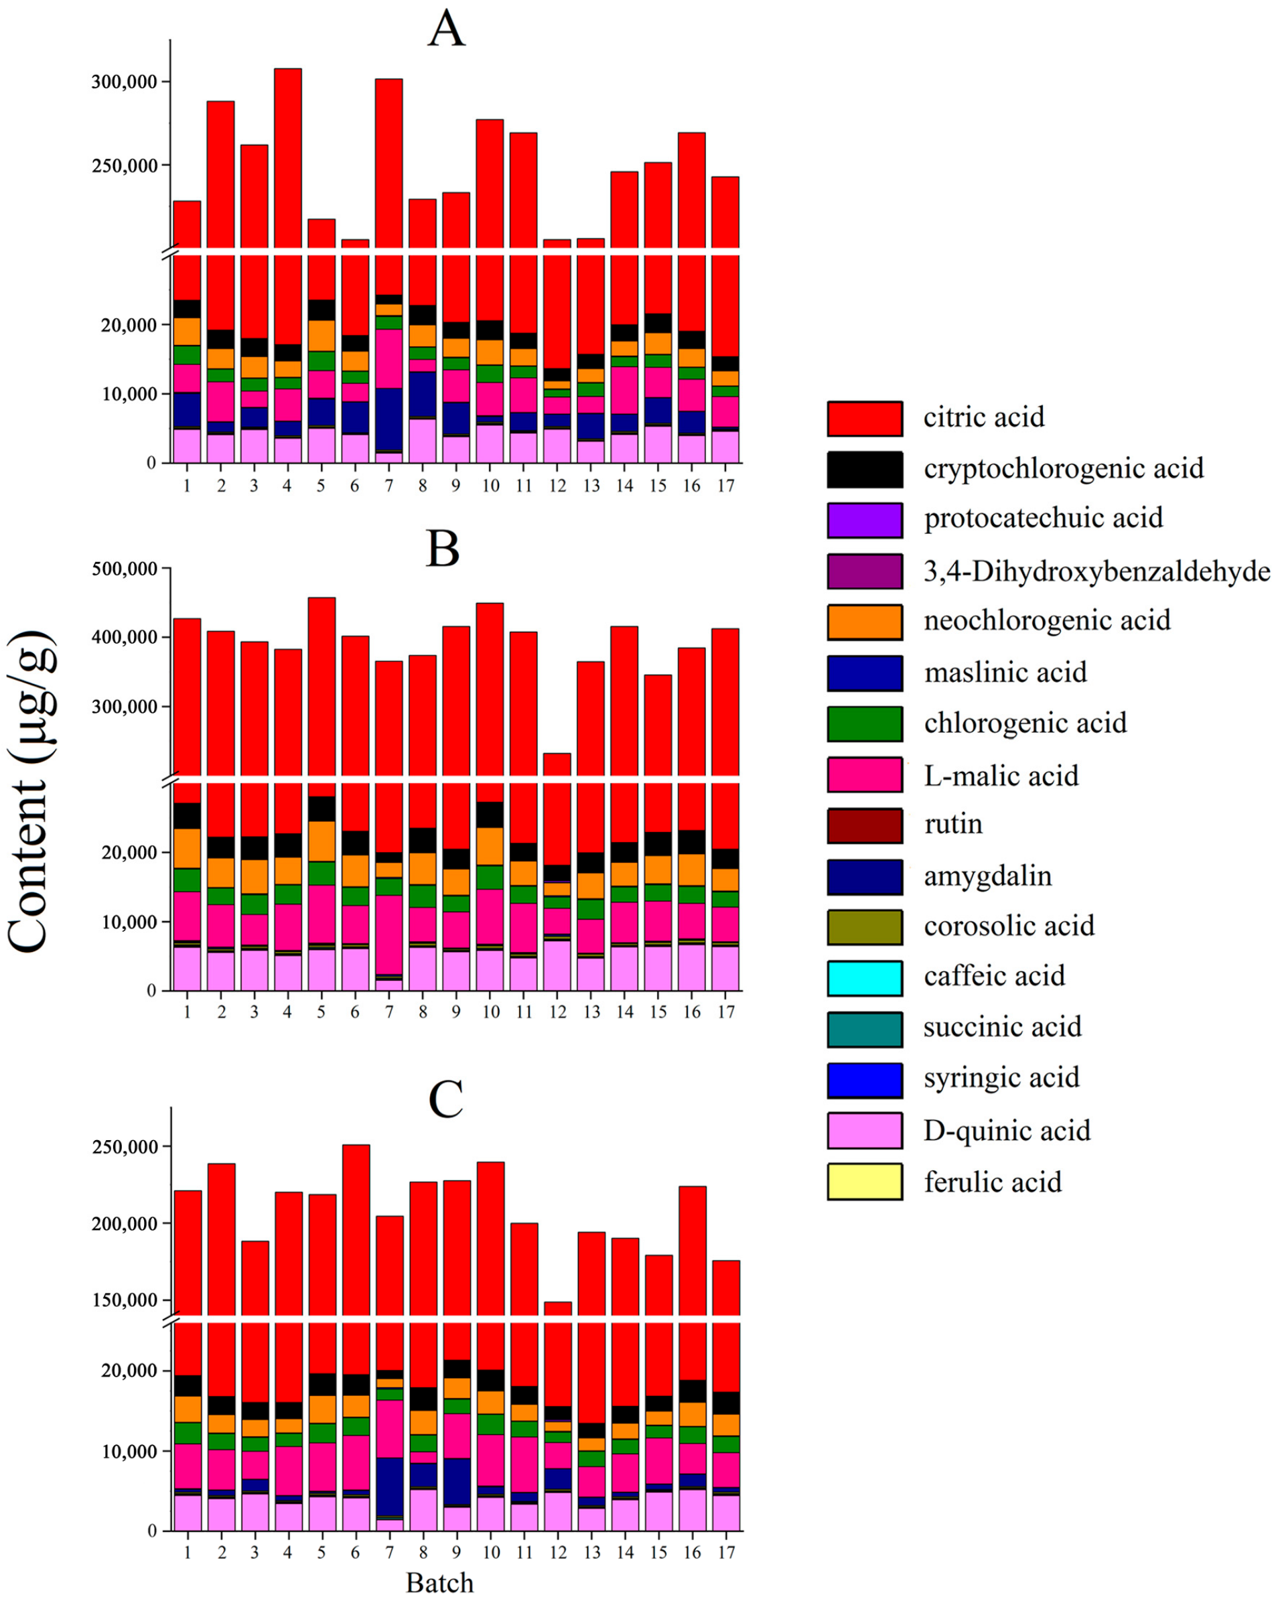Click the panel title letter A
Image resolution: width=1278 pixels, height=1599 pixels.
[x=446, y=31]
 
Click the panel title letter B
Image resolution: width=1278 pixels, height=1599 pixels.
[x=443, y=549]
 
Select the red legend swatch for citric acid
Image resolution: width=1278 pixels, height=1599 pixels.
[x=865, y=418]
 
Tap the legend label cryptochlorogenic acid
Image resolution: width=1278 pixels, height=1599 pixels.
[x=1064, y=469]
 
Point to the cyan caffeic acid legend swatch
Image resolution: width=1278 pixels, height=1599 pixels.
[x=865, y=977]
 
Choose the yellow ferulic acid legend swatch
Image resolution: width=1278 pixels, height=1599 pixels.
[x=865, y=1182]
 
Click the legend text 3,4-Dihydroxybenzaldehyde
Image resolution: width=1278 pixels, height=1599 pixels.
[x=1096, y=571]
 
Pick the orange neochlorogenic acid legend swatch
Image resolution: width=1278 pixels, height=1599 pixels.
[x=865, y=622]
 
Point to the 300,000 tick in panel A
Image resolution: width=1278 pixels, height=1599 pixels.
[x=124, y=82]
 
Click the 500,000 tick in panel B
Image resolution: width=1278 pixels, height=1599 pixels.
[x=124, y=569]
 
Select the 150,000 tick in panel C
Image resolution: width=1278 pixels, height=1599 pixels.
[x=124, y=1300]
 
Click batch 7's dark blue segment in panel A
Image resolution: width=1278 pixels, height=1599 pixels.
[x=388, y=419]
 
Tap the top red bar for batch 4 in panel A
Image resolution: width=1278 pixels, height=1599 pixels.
[x=288, y=155]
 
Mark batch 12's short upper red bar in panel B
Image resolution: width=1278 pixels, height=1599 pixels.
[x=558, y=764]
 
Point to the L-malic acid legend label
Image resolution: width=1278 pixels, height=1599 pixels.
[x=1001, y=776]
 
